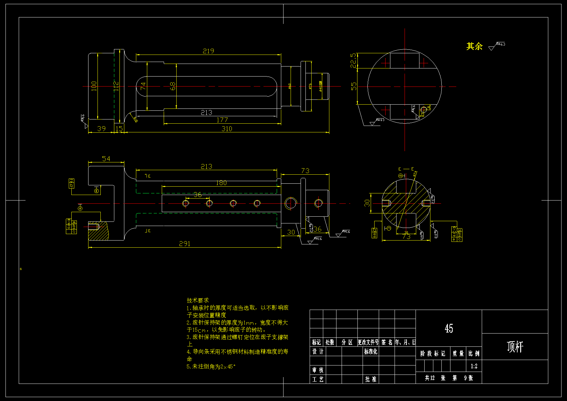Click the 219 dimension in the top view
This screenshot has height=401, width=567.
tap(208, 51)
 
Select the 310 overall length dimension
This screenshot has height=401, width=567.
tap(227, 129)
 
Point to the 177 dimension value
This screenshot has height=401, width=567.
tap(222, 120)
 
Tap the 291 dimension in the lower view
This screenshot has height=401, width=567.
tap(185, 244)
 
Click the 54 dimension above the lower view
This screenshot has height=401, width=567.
tap(106, 159)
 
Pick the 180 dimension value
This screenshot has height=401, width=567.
tap(221, 183)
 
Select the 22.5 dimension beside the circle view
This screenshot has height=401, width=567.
tap(354, 60)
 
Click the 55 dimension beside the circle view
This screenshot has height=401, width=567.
tap(354, 86)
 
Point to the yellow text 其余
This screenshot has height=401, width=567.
tap(474, 46)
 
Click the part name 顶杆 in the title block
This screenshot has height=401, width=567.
tap(515, 347)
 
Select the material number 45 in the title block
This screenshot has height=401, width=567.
tap(449, 329)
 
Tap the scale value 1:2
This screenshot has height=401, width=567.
tap(474, 366)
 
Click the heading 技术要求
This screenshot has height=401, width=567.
tap(198, 300)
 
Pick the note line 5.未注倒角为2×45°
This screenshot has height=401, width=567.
tap(211, 367)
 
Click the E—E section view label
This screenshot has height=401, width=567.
tap(406, 169)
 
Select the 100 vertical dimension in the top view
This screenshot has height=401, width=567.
tap(94, 86)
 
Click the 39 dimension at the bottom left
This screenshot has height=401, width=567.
tap(101, 129)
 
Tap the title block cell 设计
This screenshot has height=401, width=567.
tap(318, 352)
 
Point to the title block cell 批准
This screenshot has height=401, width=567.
tap(371, 379)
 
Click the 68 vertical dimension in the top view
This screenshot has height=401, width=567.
tap(173, 86)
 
